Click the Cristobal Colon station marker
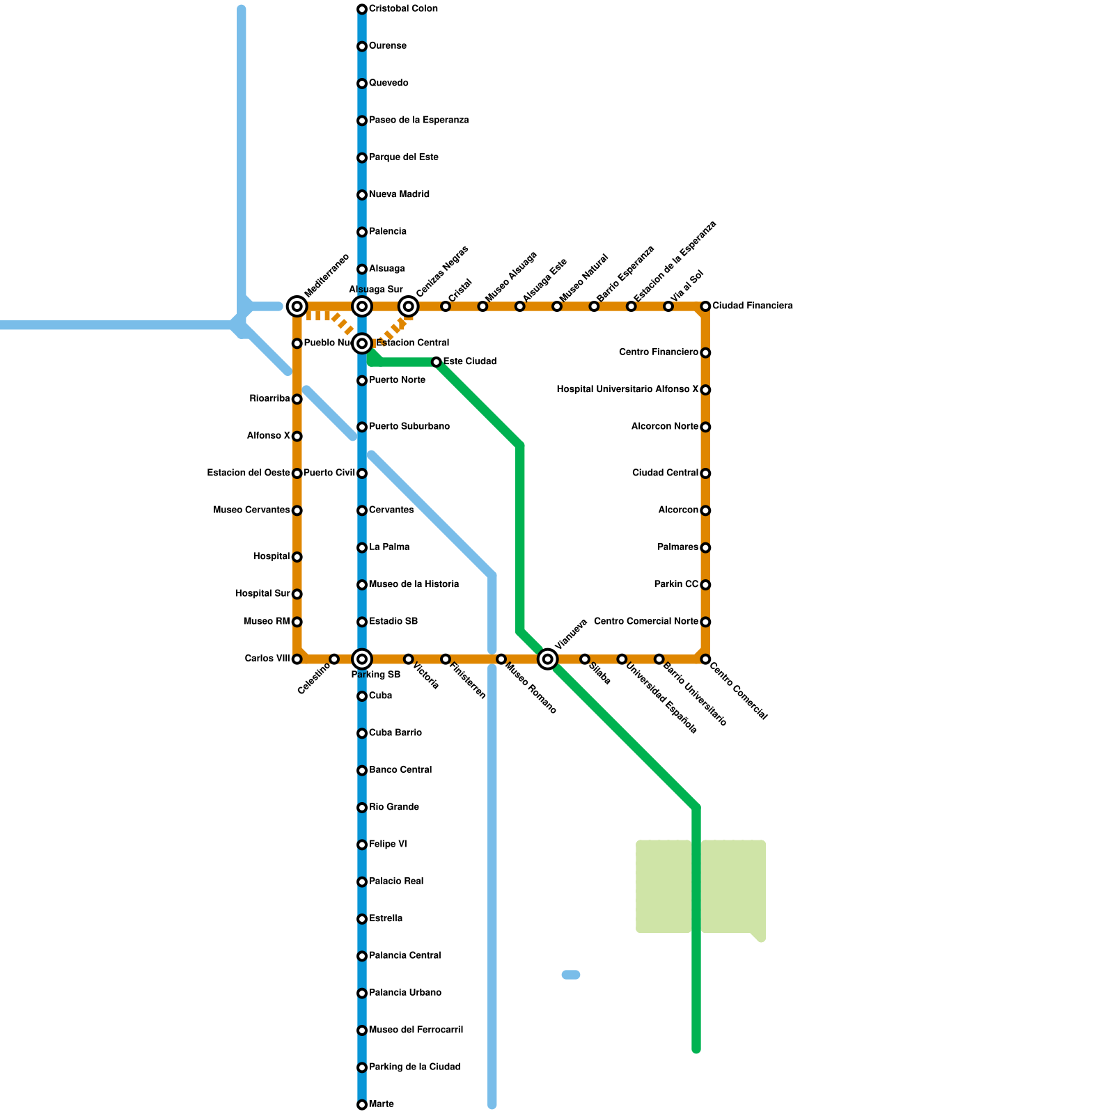click(362, 9)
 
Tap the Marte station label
click(382, 1104)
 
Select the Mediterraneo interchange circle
click(297, 306)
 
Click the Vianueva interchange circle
click(548, 659)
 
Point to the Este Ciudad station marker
click(436, 362)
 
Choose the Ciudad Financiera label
click(752, 306)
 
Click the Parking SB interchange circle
click(362, 659)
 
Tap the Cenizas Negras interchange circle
click(409, 306)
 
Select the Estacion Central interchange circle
click(362, 343)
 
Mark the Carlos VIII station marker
click(297, 659)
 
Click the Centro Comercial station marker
click(705, 659)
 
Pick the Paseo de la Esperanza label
click(418, 120)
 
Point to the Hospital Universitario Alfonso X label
click(627, 390)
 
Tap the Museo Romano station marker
click(501, 659)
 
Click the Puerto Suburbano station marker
click(362, 427)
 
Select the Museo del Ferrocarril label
click(416, 1030)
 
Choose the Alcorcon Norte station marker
click(705, 427)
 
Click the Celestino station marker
click(334, 659)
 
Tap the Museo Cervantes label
click(251, 510)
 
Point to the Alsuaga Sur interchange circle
click(362, 306)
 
